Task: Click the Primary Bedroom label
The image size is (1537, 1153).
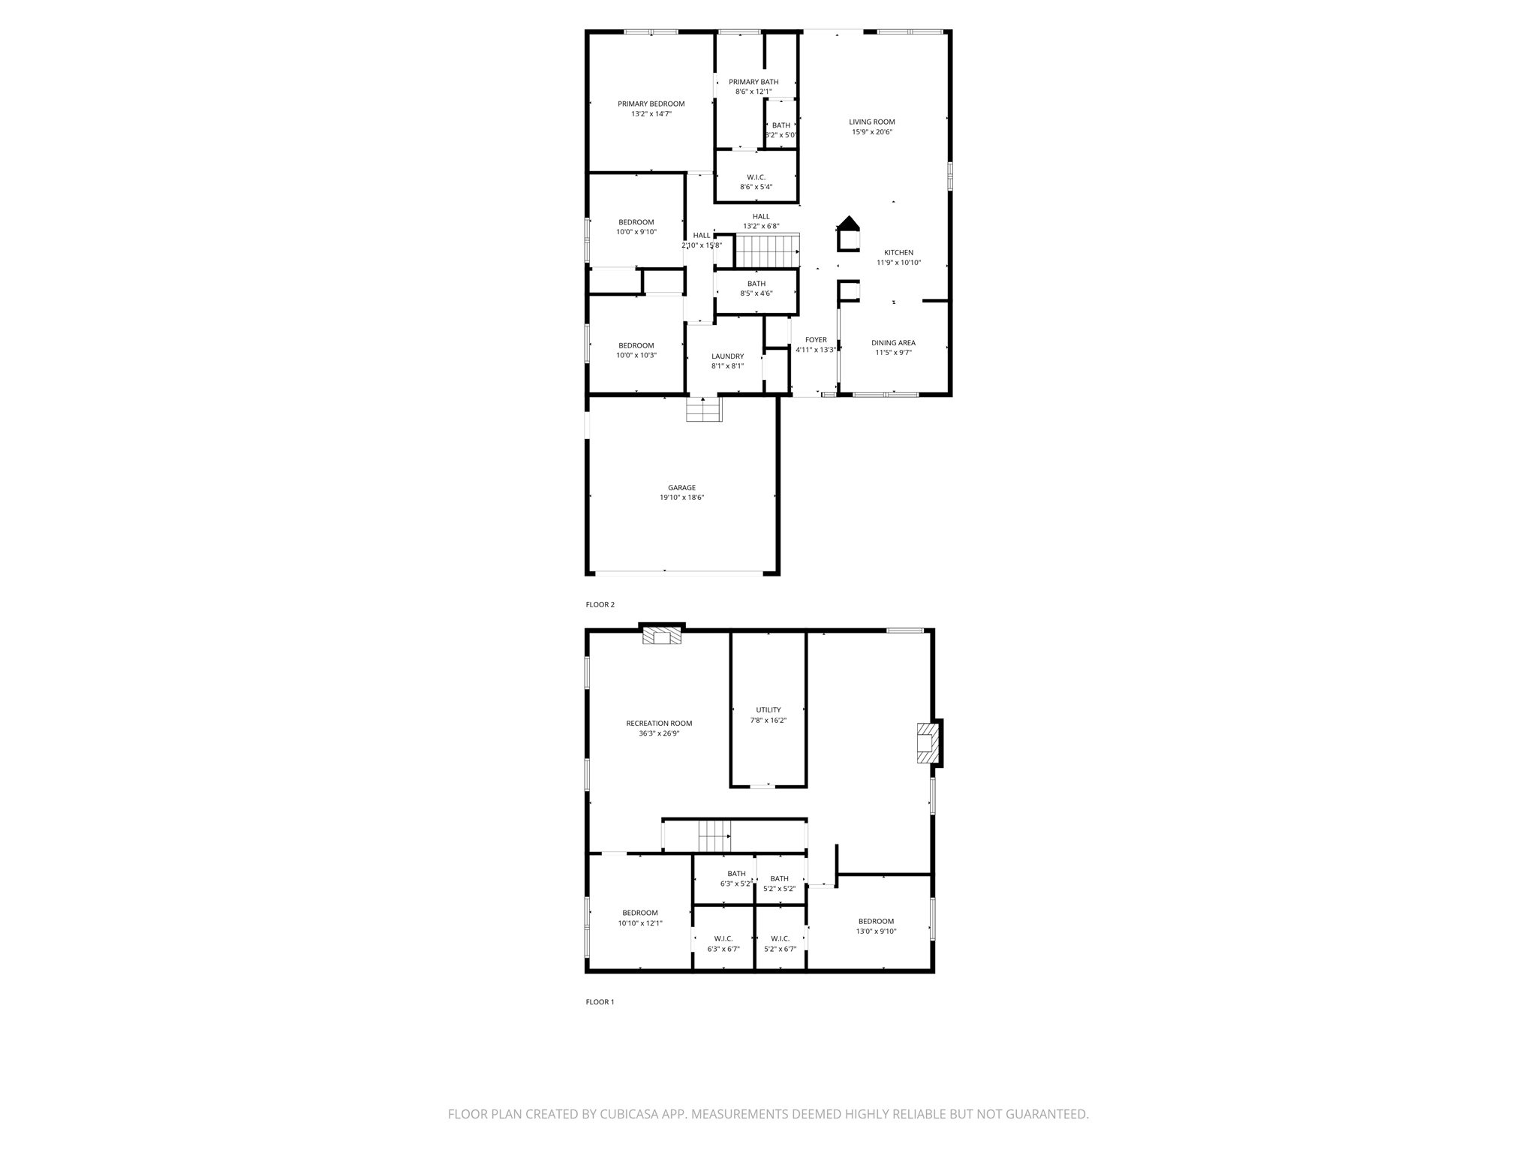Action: (x=651, y=104)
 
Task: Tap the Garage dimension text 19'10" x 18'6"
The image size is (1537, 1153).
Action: (x=681, y=498)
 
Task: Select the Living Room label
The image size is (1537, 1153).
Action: (x=871, y=122)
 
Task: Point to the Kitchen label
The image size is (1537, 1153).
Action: (x=898, y=253)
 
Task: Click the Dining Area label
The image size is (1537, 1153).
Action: (x=893, y=343)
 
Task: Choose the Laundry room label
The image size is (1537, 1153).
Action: (x=727, y=357)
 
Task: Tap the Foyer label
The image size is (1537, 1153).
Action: (x=815, y=340)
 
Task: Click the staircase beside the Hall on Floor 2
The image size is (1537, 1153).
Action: (x=767, y=251)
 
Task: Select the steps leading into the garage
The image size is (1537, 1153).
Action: (x=703, y=411)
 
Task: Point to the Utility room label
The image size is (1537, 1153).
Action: (x=768, y=710)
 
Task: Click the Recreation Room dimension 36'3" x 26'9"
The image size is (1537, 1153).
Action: (x=659, y=733)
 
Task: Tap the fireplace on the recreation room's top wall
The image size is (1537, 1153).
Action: (x=662, y=637)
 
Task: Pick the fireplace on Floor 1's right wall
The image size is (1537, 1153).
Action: (x=928, y=743)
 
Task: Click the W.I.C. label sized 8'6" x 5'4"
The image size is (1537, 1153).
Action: (x=756, y=177)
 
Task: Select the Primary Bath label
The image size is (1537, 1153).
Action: (x=753, y=82)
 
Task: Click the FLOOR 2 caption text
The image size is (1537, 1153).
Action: (x=600, y=604)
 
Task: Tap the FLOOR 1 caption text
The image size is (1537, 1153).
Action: (x=600, y=1001)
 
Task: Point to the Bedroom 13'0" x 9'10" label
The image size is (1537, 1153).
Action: (x=876, y=921)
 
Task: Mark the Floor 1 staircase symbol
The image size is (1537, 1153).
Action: (x=714, y=835)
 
